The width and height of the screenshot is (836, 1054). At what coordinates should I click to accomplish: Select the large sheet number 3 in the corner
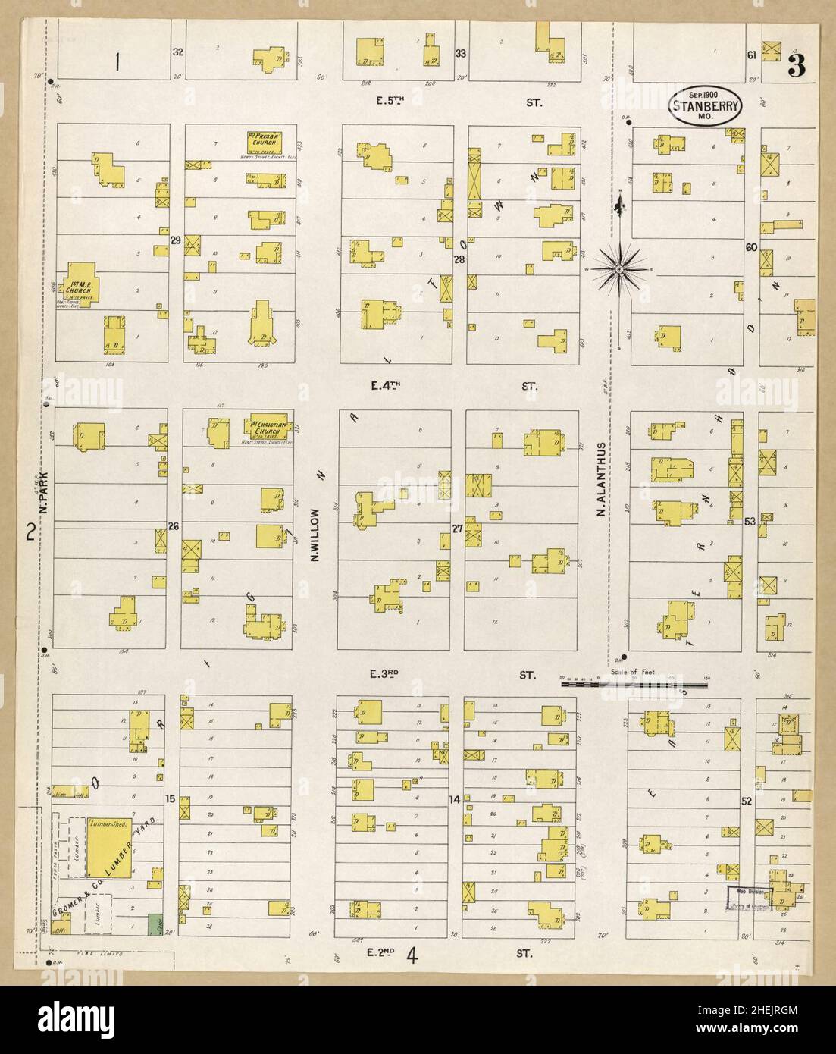(796, 67)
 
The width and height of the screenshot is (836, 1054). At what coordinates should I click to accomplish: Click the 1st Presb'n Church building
(264, 141)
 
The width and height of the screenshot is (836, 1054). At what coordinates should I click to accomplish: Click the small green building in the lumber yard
(156, 924)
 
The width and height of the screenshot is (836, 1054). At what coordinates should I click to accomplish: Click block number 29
(175, 240)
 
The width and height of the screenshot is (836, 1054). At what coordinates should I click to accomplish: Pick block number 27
(457, 529)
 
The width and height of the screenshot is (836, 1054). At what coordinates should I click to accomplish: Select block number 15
(171, 798)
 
